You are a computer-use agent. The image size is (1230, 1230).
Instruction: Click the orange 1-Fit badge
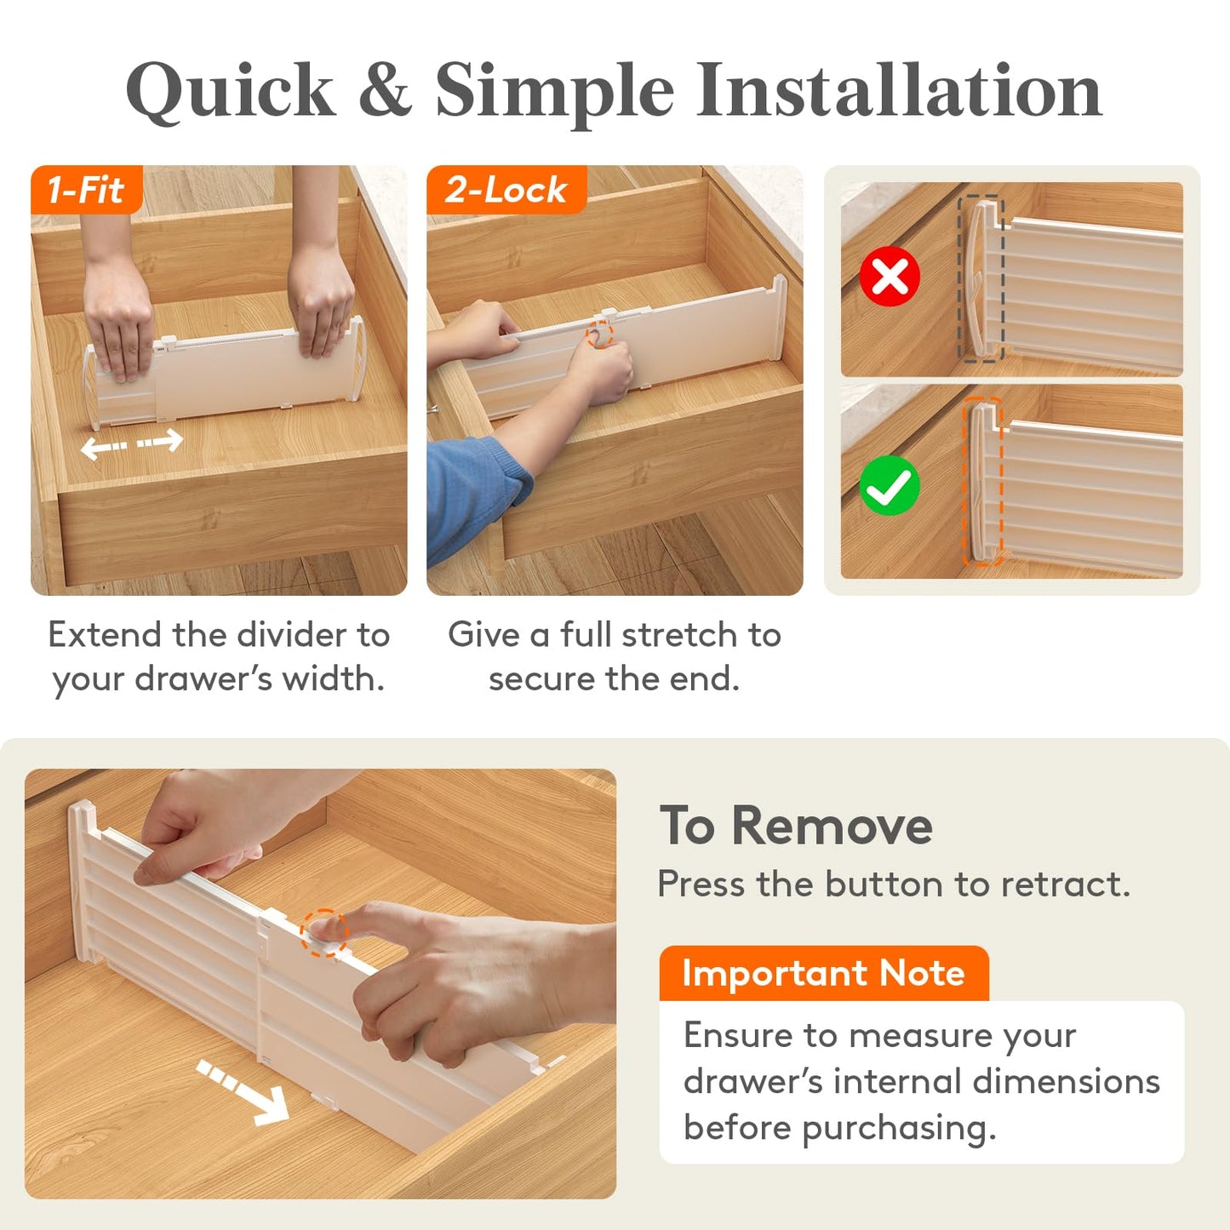tap(87, 190)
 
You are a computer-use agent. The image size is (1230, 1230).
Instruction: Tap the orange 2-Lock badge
tap(506, 190)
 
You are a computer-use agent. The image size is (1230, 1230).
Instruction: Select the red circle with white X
tap(890, 277)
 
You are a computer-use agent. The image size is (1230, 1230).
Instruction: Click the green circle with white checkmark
tap(890, 485)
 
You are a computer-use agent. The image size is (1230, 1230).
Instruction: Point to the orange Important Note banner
tap(824, 974)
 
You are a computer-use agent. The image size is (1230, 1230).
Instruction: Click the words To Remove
tap(796, 826)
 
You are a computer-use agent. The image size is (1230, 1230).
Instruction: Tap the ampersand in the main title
tap(385, 89)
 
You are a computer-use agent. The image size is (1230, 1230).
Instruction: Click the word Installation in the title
tap(899, 89)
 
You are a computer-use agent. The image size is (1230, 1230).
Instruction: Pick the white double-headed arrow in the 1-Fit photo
tap(132, 443)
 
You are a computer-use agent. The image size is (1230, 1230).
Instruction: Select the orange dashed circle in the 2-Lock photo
tap(600, 334)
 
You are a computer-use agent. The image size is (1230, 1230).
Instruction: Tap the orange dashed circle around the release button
tap(324, 933)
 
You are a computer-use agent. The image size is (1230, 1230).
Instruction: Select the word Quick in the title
tap(231, 90)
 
